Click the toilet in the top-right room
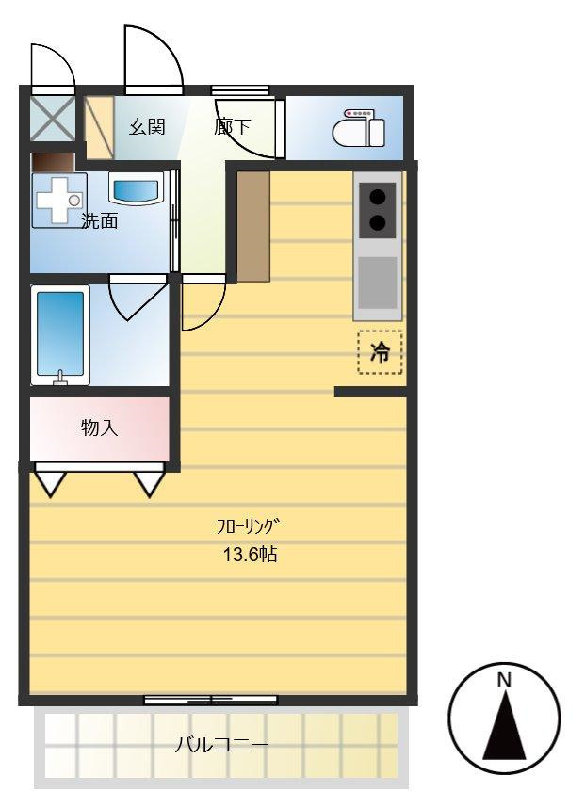click(359, 129)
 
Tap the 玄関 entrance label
click(147, 126)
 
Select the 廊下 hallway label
click(233, 126)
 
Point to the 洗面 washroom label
click(99, 222)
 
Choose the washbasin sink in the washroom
click(137, 188)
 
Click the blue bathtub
click(60, 334)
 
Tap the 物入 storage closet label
click(99, 428)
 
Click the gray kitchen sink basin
click(378, 281)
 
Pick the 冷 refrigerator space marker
click(380, 353)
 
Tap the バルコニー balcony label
click(221, 746)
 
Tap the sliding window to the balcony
click(211, 700)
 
